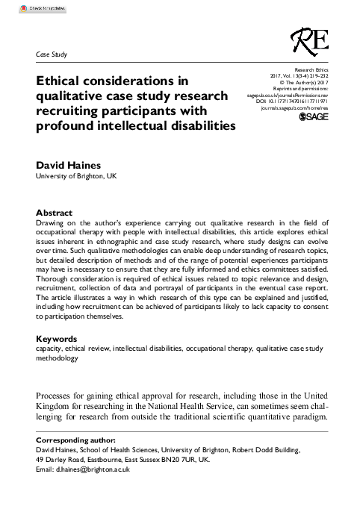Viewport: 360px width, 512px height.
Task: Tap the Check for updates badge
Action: [x=35, y=10]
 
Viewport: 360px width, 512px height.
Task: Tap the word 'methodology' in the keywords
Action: [x=57, y=358]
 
